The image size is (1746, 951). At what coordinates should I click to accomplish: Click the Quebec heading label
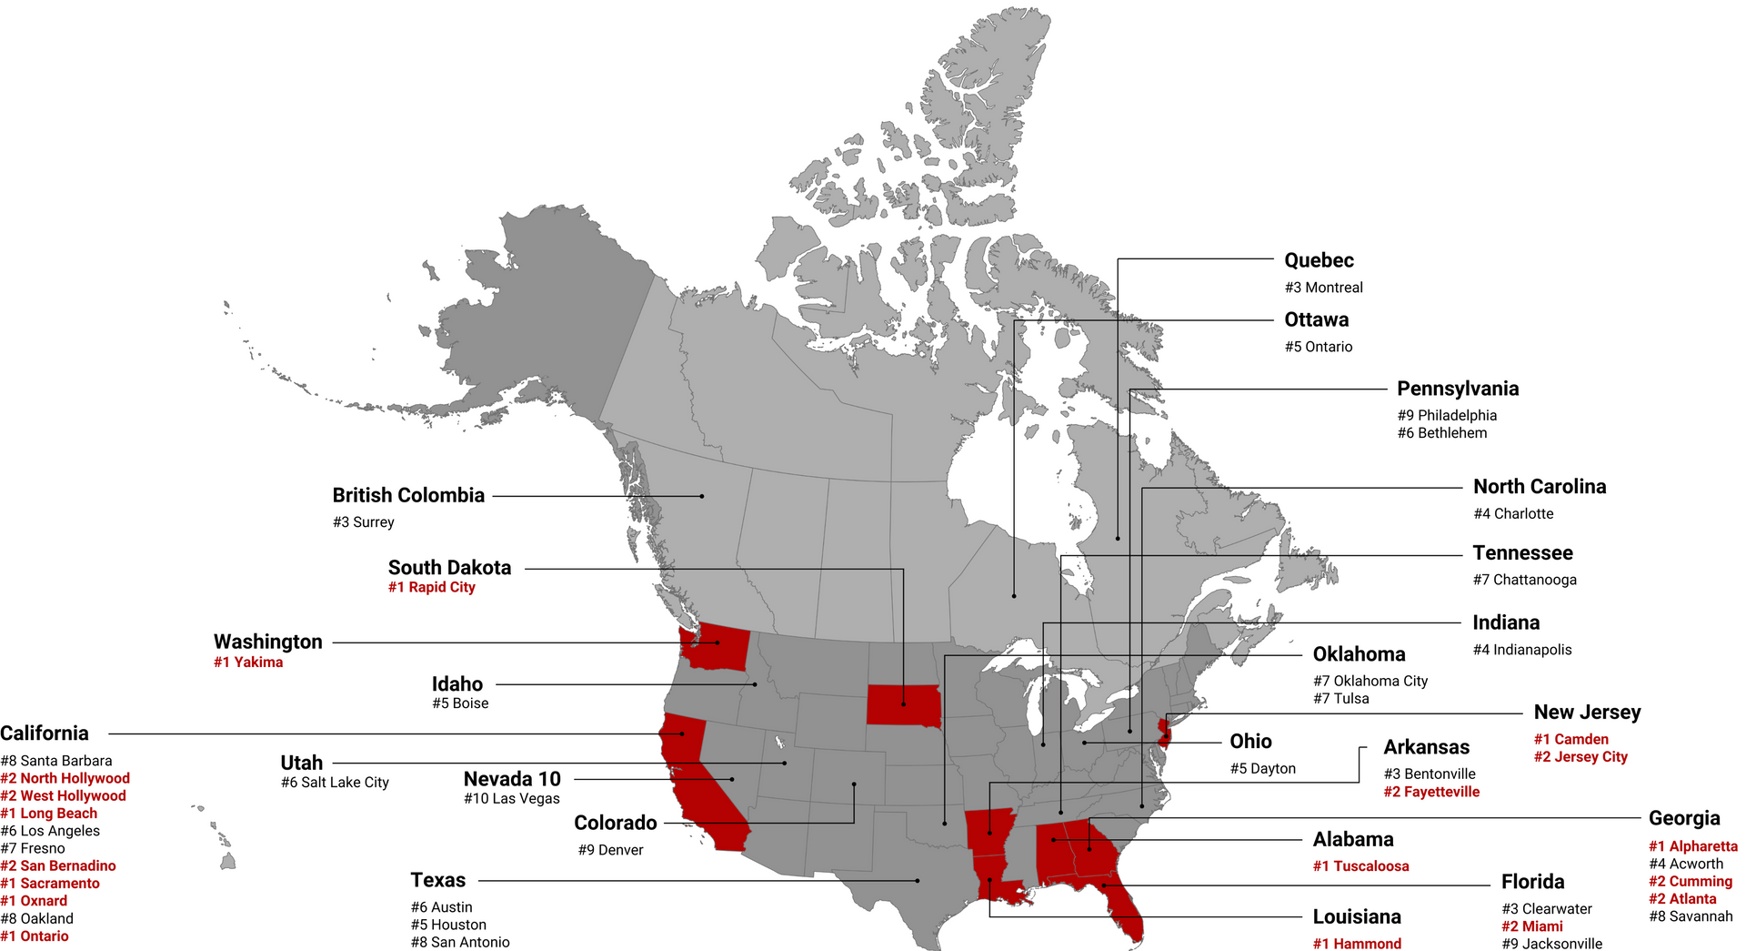click(x=1319, y=260)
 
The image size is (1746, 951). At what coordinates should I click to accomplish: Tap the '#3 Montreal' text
click(x=1323, y=288)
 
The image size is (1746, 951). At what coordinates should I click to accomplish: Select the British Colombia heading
click(x=408, y=495)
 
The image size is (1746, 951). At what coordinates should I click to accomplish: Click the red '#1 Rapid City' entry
click(x=431, y=587)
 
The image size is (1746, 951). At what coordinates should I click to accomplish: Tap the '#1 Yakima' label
click(x=248, y=662)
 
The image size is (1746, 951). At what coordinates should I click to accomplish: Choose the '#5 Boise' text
click(x=460, y=703)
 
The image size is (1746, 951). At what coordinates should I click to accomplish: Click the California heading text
click(x=45, y=733)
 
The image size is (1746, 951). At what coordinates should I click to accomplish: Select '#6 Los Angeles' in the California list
click(x=50, y=831)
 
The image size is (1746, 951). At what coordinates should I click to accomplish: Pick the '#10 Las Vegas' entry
click(x=512, y=799)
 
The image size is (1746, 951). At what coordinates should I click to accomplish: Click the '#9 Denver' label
click(x=610, y=850)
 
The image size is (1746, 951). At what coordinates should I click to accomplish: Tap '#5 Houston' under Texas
click(x=448, y=925)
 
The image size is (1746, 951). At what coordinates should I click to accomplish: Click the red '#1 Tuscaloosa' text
click(x=1360, y=866)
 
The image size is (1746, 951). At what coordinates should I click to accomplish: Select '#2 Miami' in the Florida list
click(x=1532, y=926)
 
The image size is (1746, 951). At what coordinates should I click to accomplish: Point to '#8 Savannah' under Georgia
click(x=1691, y=916)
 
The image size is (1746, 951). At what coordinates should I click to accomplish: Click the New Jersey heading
click(x=1587, y=713)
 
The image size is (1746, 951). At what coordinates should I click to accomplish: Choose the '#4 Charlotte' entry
click(x=1513, y=514)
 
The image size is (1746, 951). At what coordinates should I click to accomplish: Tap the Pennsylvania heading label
click(x=1458, y=389)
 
